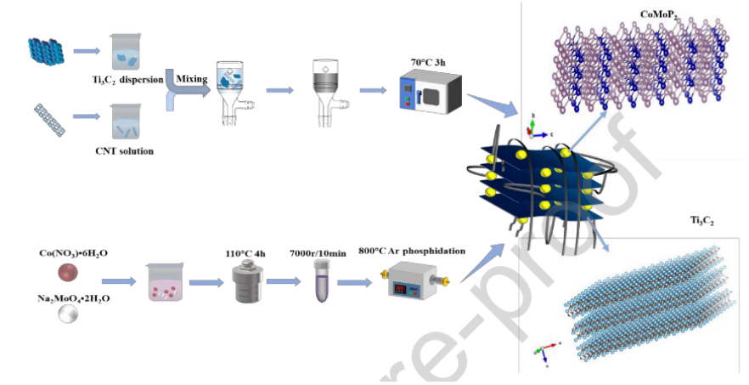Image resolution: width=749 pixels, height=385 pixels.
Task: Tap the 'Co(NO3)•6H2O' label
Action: tap(74, 253)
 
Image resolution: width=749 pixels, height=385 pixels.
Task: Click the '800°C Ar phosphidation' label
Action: tap(414, 251)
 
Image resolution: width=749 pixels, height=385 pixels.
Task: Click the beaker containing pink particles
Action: tap(166, 286)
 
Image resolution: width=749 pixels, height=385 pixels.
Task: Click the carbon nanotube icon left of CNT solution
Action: tap(50, 121)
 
